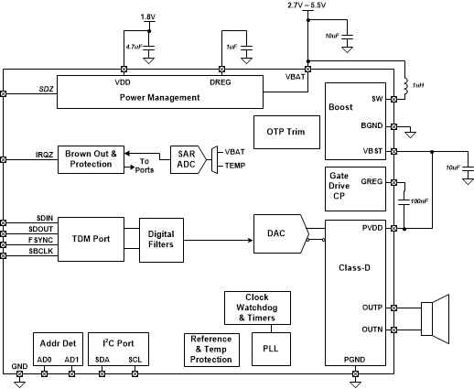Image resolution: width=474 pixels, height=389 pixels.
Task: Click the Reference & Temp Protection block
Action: pyautogui.click(x=210, y=349)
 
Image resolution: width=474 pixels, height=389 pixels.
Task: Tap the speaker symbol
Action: pyautogui.click(x=435, y=319)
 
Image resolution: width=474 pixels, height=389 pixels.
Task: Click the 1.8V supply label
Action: pyautogui.click(x=147, y=16)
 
